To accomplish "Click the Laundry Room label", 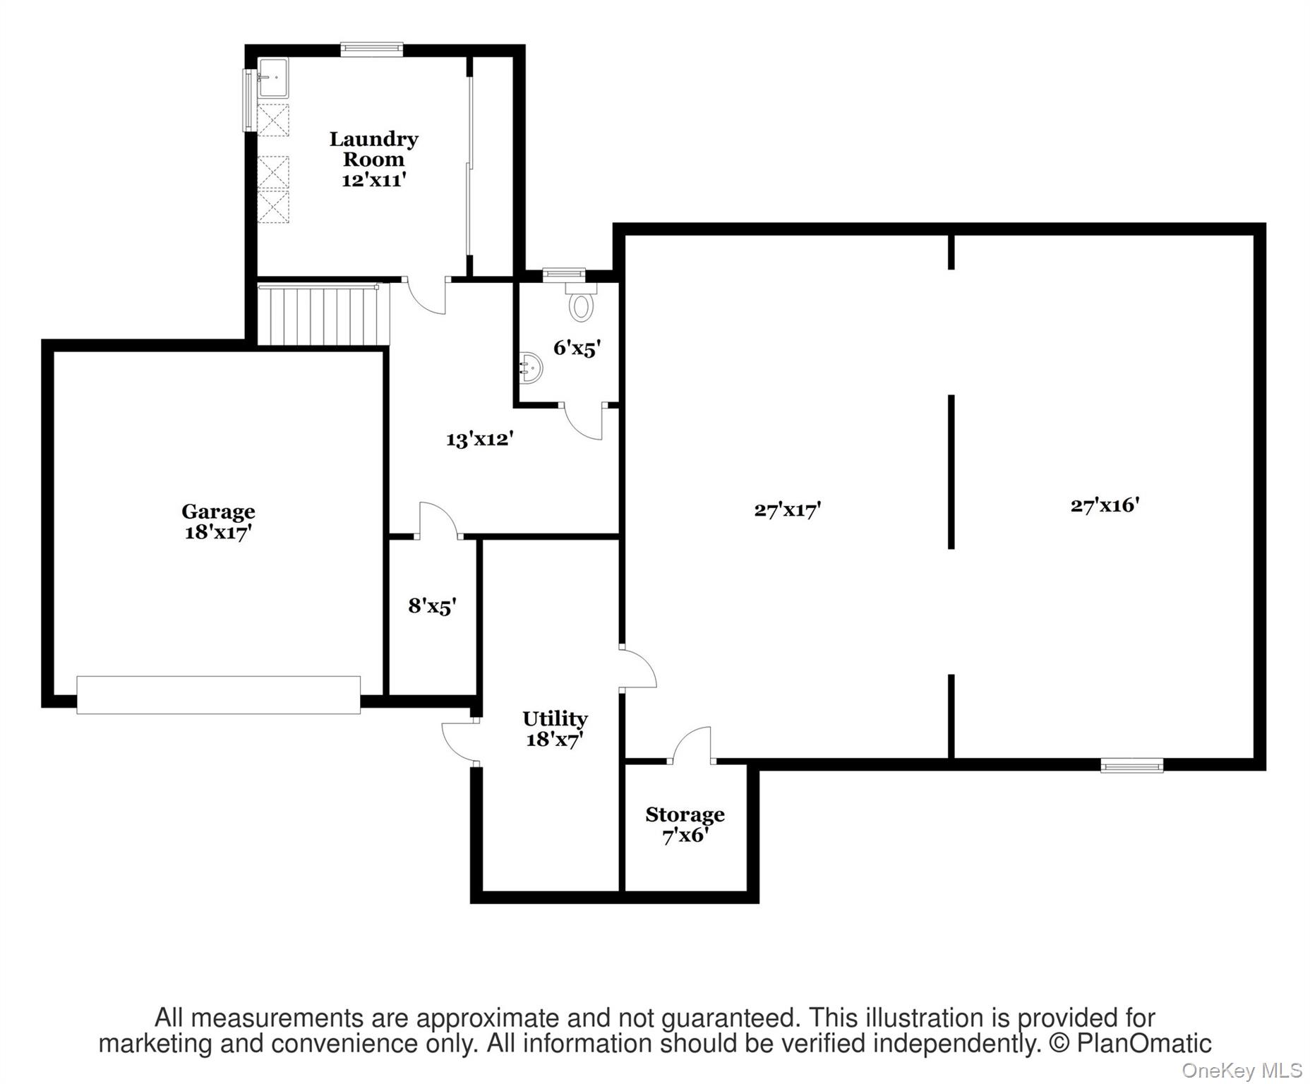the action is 373,159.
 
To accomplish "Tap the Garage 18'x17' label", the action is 218,522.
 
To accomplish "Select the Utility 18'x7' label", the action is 555,729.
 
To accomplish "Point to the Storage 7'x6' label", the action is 685,825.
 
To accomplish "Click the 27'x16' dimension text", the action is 1105,505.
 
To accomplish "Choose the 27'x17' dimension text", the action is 787,510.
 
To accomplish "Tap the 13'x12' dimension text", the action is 479,440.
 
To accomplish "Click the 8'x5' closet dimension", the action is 432,606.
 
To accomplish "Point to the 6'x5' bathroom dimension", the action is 577,347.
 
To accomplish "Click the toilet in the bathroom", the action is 581,301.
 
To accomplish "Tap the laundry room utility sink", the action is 272,78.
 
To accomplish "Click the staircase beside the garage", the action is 323,315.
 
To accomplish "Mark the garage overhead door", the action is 218,695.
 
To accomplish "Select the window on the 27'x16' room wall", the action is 1131,765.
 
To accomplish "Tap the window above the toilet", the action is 564,274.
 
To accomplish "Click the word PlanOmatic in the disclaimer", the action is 1143,1043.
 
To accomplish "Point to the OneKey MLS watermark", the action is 1242,1071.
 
